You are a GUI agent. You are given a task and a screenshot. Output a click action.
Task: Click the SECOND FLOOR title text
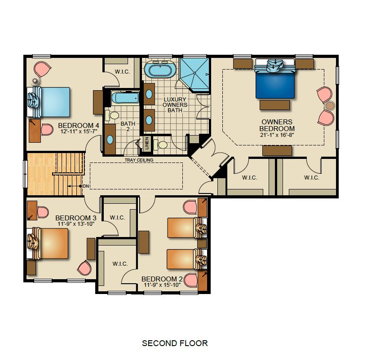(x=175, y=343)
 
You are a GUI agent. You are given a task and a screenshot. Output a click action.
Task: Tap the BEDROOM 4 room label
(x=78, y=125)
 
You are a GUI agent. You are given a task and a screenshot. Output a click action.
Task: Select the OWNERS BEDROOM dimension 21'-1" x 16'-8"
(x=277, y=135)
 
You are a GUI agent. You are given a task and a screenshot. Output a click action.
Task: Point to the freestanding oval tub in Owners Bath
(x=160, y=70)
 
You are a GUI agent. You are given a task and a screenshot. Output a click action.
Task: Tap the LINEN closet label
(x=146, y=144)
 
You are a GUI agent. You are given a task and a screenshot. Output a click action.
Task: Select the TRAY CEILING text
(x=139, y=160)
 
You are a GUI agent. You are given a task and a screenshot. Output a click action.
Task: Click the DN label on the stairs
(x=85, y=186)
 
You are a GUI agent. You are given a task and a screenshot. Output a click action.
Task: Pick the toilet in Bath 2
(x=110, y=116)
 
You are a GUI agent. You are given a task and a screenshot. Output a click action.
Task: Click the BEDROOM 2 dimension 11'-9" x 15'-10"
(x=162, y=285)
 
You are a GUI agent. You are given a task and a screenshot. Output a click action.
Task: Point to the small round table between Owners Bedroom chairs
(x=330, y=106)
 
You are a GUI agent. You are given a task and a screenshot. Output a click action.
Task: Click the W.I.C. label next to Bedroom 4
(x=123, y=71)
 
